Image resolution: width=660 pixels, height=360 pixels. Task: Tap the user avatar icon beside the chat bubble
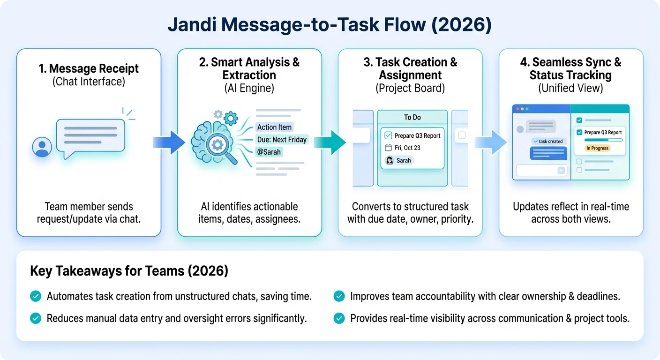tap(42, 147)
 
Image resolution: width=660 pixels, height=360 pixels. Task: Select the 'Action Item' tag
tap(274, 127)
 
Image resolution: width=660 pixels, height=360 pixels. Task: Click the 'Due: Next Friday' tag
tap(282, 139)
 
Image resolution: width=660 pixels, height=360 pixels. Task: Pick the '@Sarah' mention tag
tap(269, 152)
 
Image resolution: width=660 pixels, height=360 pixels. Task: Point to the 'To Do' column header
tap(412, 117)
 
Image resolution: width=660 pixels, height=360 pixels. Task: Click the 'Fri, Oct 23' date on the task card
tap(407, 148)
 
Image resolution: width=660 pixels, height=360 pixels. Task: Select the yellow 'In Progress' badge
tap(597, 148)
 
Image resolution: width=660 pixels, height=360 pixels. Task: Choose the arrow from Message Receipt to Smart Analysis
tap(169, 142)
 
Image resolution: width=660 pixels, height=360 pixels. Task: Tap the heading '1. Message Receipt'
tap(89, 68)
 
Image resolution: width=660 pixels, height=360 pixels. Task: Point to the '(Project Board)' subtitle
tap(410, 88)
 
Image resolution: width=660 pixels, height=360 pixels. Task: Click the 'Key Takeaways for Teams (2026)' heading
tap(129, 271)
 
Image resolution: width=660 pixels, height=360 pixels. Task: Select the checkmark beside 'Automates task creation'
tap(35, 296)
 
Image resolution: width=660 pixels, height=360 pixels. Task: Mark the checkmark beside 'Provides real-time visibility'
tap(339, 319)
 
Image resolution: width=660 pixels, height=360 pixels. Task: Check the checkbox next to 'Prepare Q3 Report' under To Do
tap(388, 135)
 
